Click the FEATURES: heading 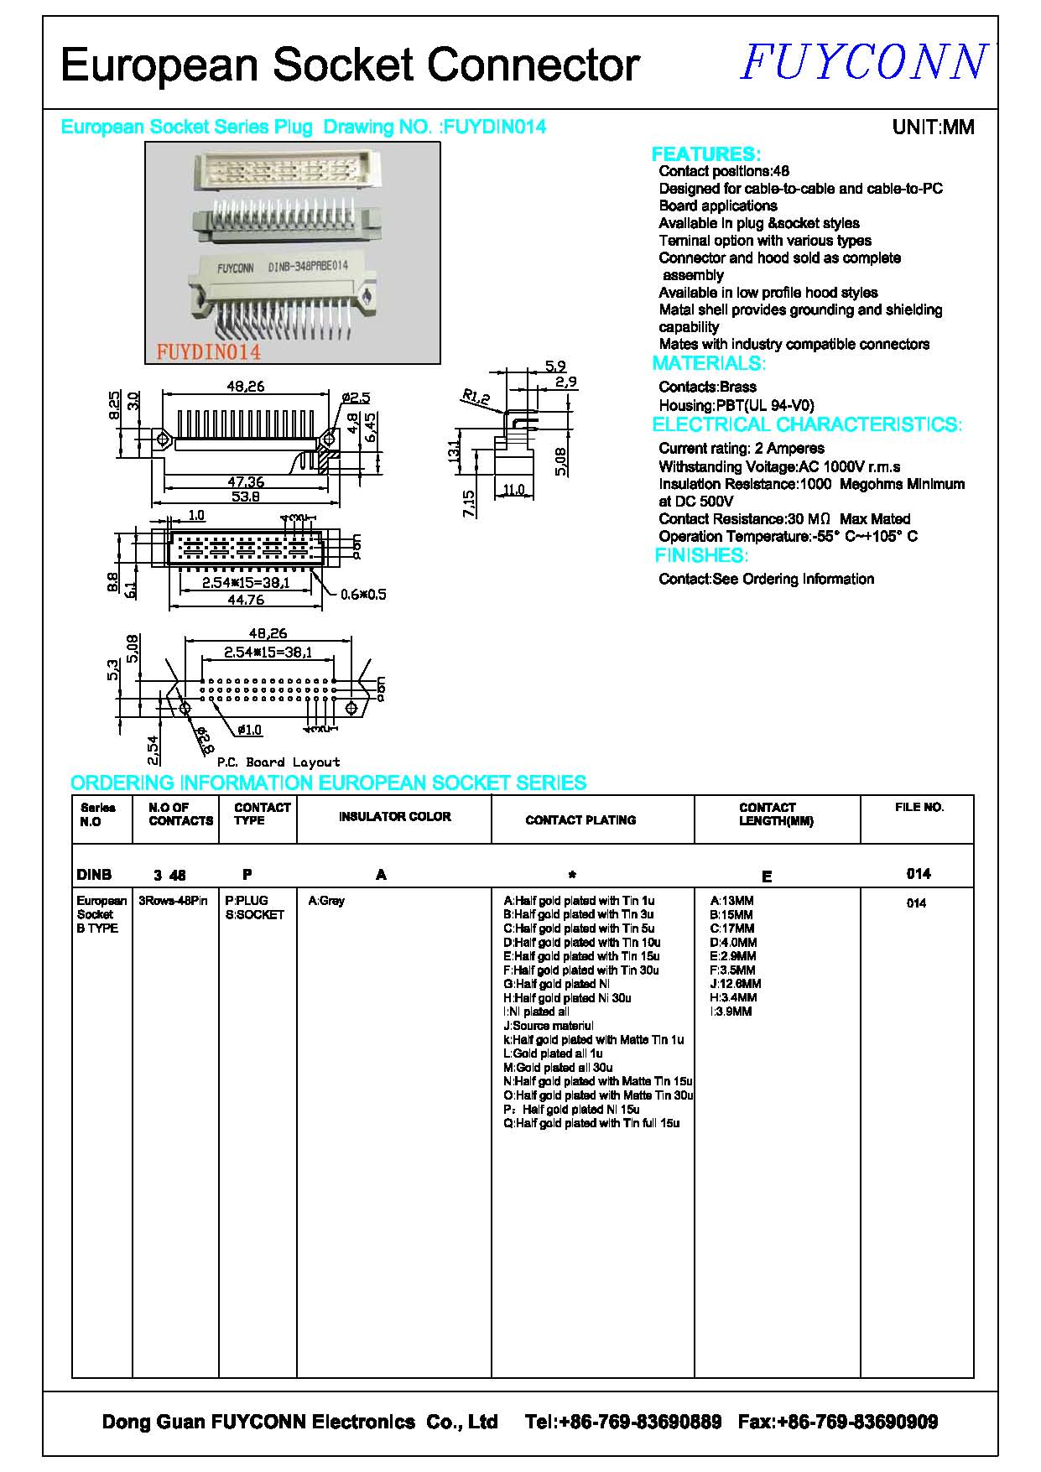click(x=705, y=154)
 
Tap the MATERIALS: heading click(x=709, y=363)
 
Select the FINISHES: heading click(x=700, y=555)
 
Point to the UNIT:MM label click(x=933, y=127)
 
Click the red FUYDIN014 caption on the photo click(x=208, y=352)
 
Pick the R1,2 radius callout click(x=476, y=398)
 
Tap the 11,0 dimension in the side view click(x=513, y=490)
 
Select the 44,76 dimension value click(x=245, y=600)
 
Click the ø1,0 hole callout click(x=249, y=730)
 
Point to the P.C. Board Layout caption click(x=278, y=762)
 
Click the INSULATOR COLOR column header click(x=394, y=816)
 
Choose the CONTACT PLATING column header click(x=580, y=820)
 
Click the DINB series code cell click(x=94, y=875)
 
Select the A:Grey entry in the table click(x=326, y=901)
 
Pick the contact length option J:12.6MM click(x=736, y=984)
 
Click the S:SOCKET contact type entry click(x=254, y=915)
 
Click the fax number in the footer click(x=837, y=1422)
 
